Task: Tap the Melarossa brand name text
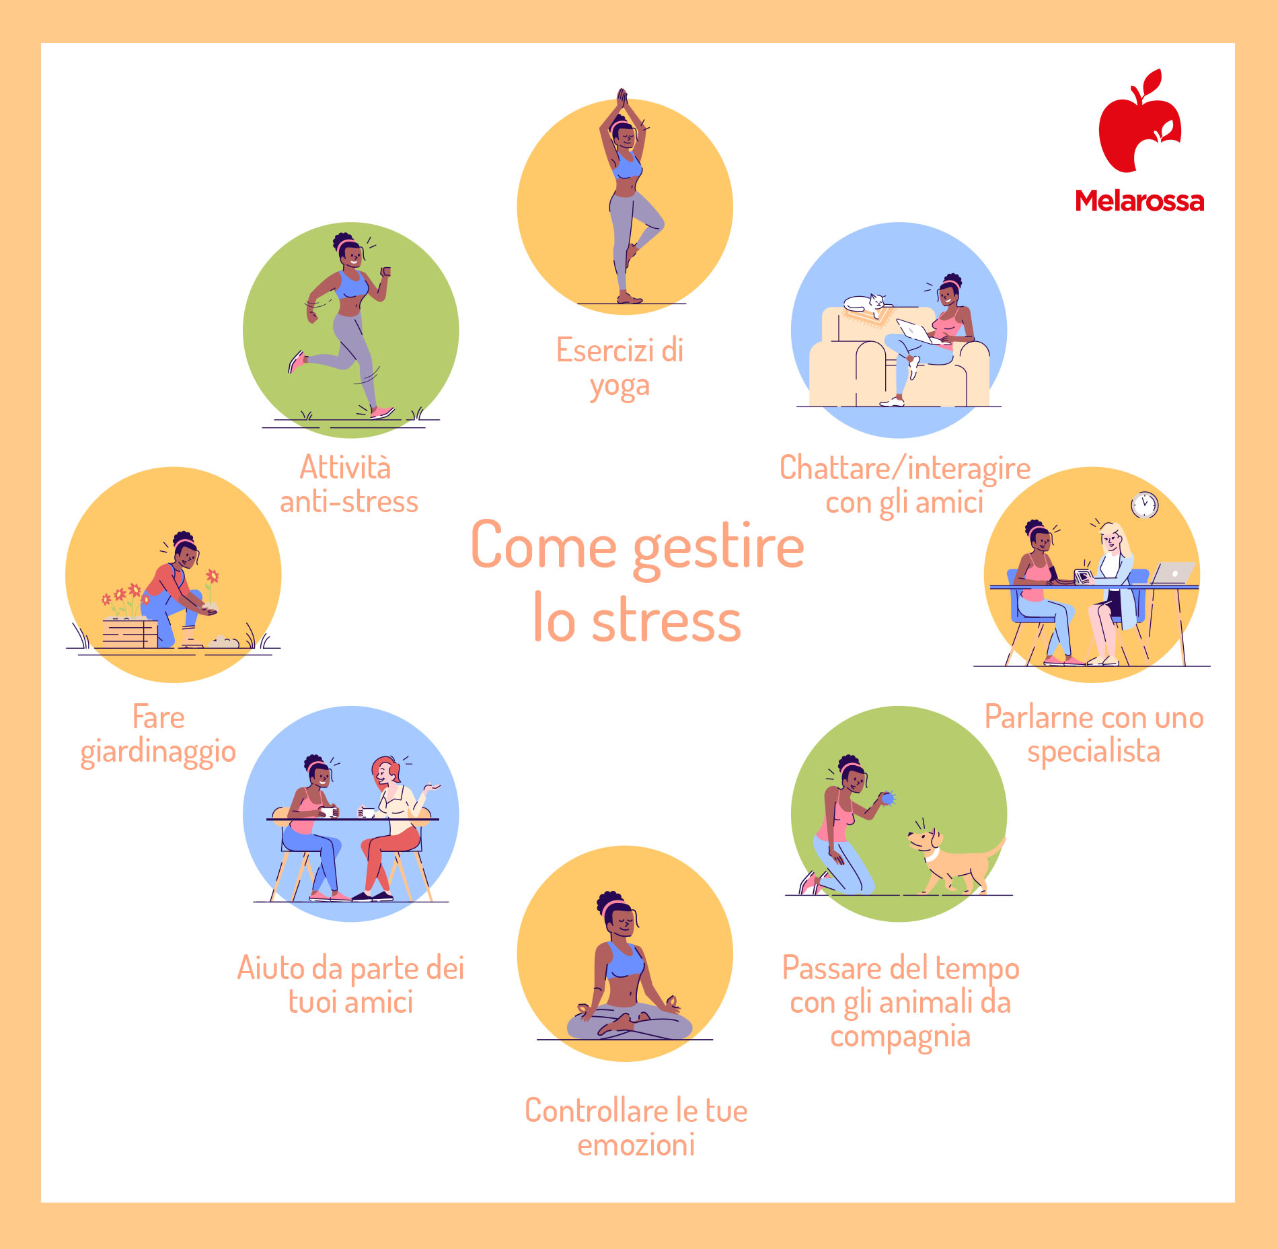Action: pyautogui.click(x=1139, y=201)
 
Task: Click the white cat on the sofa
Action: pyautogui.click(x=865, y=304)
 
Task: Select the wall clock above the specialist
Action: pyautogui.click(x=1144, y=505)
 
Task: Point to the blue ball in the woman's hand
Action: pyautogui.click(x=888, y=798)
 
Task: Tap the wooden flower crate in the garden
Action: pyautogui.click(x=130, y=633)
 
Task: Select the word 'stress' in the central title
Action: pyautogui.click(x=666, y=621)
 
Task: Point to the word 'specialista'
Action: pyautogui.click(x=1093, y=752)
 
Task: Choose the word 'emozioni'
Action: pyautogui.click(x=636, y=1145)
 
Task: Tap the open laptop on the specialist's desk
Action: pyautogui.click(x=1173, y=573)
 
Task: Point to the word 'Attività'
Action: pyautogui.click(x=345, y=467)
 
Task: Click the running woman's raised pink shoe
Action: pyautogui.click(x=296, y=361)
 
